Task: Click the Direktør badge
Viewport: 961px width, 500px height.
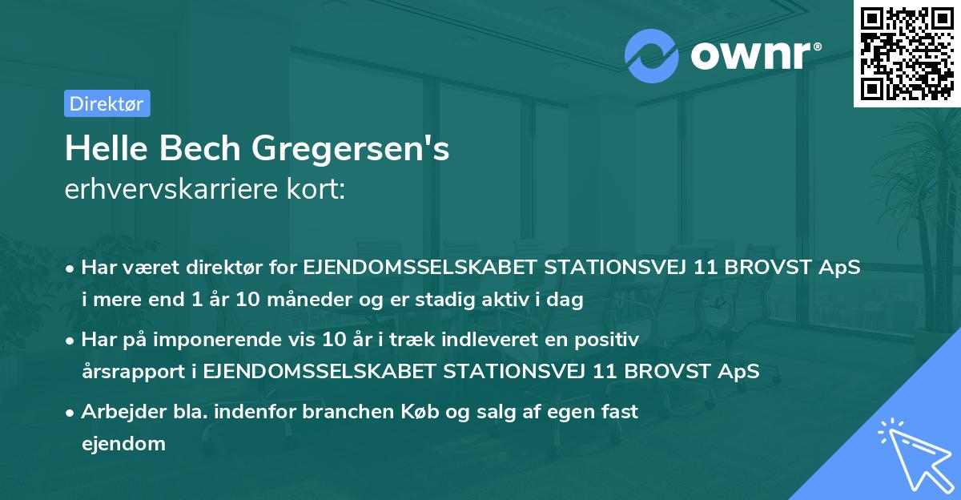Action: point(107,103)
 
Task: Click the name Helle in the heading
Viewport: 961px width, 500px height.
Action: point(103,150)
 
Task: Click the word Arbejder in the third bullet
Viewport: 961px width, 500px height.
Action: point(118,412)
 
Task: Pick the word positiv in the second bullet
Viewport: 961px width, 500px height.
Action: point(608,340)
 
